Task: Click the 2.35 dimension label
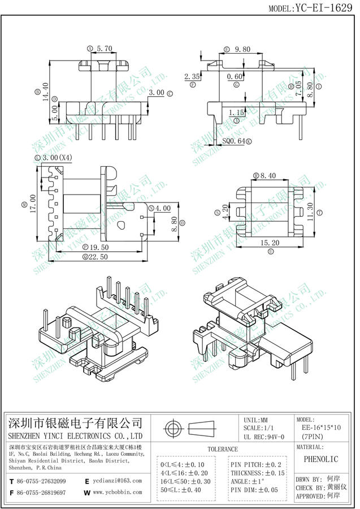tap(193, 76)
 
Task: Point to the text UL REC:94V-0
tap(267, 437)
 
